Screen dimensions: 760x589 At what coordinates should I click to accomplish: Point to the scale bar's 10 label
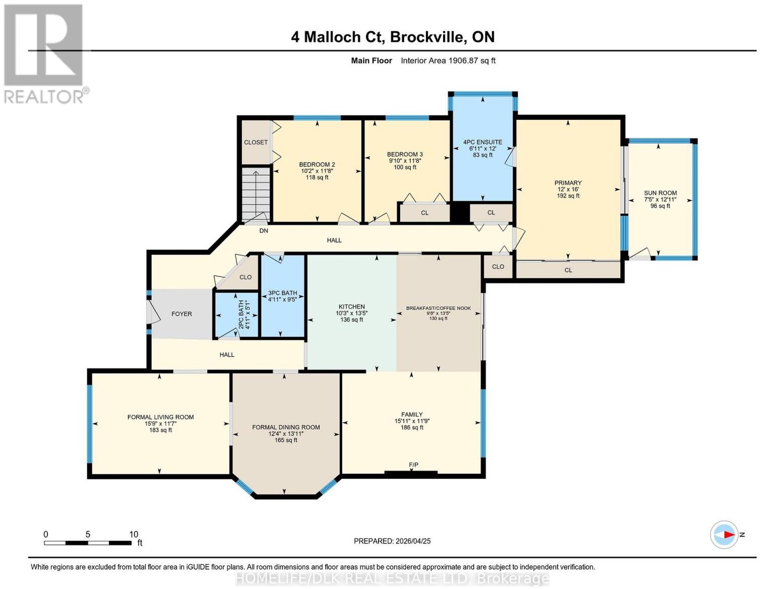(133, 534)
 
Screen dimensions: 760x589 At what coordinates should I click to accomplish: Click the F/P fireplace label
(413, 465)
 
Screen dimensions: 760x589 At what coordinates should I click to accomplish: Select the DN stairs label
(264, 231)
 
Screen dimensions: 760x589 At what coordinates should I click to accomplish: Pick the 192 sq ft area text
(568, 196)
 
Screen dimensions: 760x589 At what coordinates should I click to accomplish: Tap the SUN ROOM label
(660, 193)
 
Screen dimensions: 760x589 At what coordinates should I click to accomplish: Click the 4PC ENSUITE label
(483, 142)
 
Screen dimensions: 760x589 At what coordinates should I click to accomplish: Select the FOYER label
(181, 314)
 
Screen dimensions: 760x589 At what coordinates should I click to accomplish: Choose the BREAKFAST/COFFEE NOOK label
(438, 309)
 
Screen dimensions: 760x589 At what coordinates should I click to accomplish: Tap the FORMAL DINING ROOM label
(286, 427)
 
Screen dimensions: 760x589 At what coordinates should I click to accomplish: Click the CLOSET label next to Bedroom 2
(256, 142)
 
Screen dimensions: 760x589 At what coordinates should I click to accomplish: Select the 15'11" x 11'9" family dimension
(412, 421)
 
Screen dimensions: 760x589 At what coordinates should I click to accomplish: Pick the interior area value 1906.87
(462, 60)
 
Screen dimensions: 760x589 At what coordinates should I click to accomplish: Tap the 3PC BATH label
(283, 293)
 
